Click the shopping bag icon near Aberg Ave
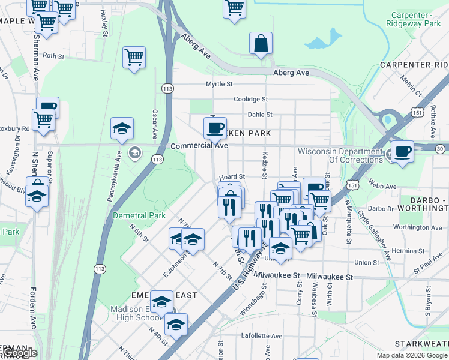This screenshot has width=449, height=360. pyautogui.click(x=261, y=44)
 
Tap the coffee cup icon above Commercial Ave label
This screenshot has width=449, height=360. pyautogui.click(x=215, y=128)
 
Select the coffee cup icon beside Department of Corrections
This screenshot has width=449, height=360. pyautogui.click(x=402, y=151)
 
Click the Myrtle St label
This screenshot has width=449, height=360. pyautogui.click(x=219, y=84)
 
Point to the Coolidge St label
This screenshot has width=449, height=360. pyautogui.click(x=250, y=99)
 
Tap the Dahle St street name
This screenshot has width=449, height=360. pyautogui.click(x=260, y=114)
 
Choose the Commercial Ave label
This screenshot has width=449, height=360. pyautogui.click(x=199, y=146)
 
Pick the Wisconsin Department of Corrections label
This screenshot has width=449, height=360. pyautogui.click(x=340, y=155)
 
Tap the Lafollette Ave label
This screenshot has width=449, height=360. pyautogui.click(x=261, y=336)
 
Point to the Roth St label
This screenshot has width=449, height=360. pyautogui.click(x=53, y=56)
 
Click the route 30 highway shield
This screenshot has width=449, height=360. pyautogui.click(x=440, y=148)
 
